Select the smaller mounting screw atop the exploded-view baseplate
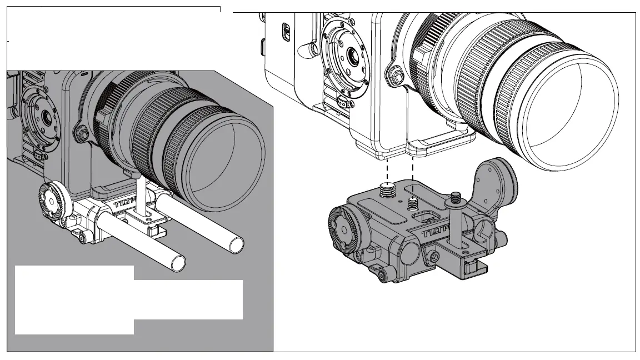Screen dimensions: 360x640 [x=412, y=202]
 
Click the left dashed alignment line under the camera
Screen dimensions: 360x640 [x=386, y=170]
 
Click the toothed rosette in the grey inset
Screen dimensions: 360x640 [x=52, y=199]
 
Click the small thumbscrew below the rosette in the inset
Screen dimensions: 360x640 [x=82, y=238]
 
